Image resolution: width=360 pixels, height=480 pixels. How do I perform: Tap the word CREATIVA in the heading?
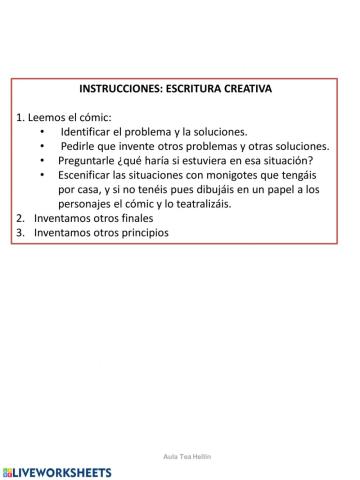pyautogui.click(x=243, y=88)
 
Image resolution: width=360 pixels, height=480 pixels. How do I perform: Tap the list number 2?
pyautogui.click(x=21, y=218)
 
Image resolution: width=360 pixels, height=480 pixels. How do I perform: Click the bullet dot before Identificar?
pyautogui.click(x=43, y=131)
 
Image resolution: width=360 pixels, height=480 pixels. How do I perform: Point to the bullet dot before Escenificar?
pyautogui.click(x=43, y=174)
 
